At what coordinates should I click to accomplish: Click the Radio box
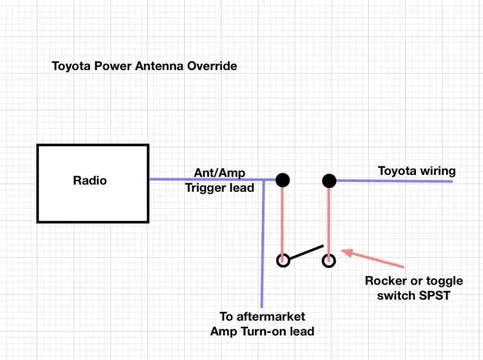click(x=91, y=182)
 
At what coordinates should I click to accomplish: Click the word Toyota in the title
click(x=73, y=69)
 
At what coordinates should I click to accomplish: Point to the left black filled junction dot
click(x=283, y=180)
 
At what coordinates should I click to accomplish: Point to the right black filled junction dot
click(x=327, y=180)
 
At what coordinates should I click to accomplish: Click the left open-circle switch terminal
click(x=283, y=262)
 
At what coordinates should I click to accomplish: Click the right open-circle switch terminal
click(x=327, y=262)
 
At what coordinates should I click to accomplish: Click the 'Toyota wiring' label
click(x=415, y=171)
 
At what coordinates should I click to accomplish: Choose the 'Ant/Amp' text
click(x=214, y=171)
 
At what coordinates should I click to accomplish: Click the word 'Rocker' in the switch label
click(x=385, y=282)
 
